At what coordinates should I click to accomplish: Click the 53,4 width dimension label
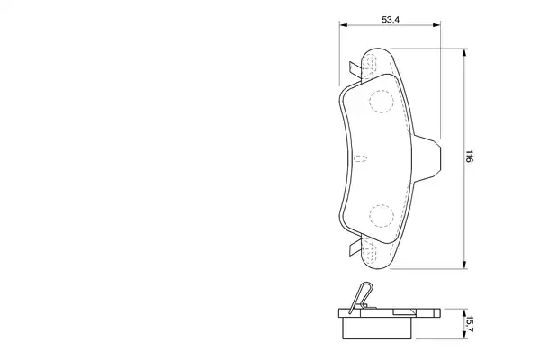(x=391, y=20)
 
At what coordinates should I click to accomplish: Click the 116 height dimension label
(x=470, y=156)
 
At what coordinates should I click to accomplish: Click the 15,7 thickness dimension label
(x=470, y=323)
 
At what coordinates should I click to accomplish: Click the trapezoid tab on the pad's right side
(x=427, y=158)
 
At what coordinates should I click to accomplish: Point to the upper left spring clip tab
(x=355, y=70)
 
